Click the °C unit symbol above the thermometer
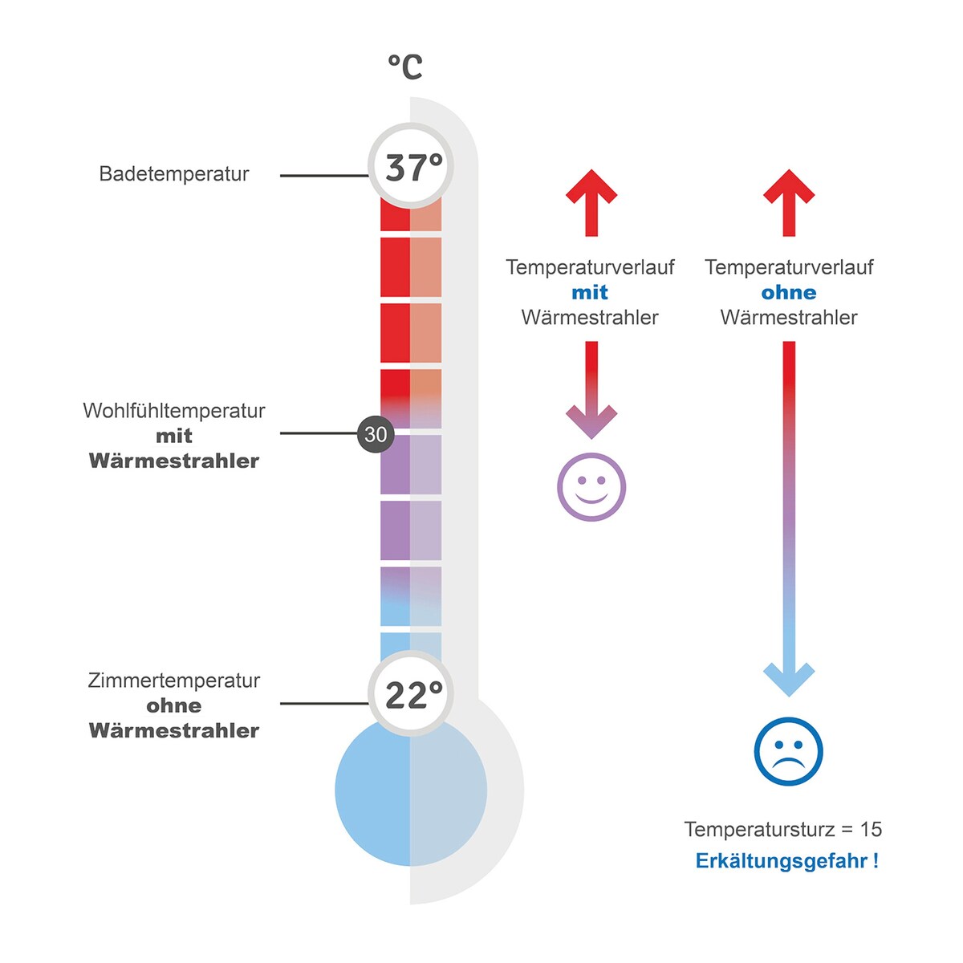(405, 67)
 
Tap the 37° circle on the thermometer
(411, 165)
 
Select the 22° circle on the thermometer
(411, 693)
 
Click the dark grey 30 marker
(376, 434)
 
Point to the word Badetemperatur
(174, 174)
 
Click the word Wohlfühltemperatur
(174, 411)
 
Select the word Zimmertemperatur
(174, 681)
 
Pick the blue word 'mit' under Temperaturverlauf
(590, 292)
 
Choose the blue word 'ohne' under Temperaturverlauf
(789, 292)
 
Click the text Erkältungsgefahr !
(787, 860)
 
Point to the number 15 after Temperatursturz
(871, 830)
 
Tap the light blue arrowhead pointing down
(789, 681)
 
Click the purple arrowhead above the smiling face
(591, 423)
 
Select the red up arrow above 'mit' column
(591, 202)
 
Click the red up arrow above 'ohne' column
(789, 202)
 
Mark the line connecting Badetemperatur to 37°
(324, 176)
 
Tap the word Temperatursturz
(760, 830)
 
